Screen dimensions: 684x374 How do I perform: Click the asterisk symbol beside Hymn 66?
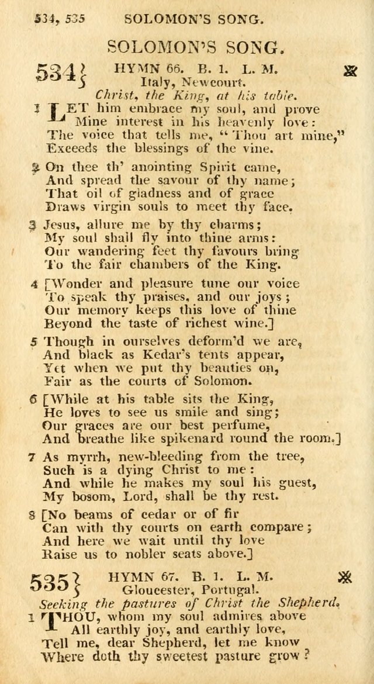point(351,71)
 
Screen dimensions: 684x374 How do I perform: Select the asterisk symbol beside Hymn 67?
point(346,578)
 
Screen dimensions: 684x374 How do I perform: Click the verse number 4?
point(34,284)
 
